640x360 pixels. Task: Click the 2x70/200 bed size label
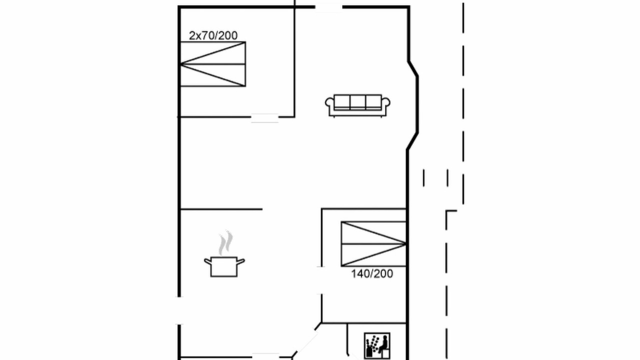pos(213,35)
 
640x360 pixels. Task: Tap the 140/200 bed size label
pos(372,274)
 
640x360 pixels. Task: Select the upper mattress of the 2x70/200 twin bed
pos(213,53)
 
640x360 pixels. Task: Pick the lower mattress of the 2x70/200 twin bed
pos(213,75)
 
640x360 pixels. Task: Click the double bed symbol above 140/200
pos(373,244)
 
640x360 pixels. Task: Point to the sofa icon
pos(357,105)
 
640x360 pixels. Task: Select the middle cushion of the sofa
pos(357,102)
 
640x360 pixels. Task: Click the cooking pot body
pos(224,267)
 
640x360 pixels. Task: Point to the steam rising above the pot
pos(225,242)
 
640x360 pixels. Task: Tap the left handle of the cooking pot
pos(207,261)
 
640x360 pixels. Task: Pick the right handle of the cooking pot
pos(240,261)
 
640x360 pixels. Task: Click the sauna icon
pos(377,345)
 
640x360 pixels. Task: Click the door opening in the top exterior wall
pos(328,7)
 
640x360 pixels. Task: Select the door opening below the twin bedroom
pos(265,117)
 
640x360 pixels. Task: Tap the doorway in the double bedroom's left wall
pos(321,280)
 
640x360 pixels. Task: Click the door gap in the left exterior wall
pos(179,310)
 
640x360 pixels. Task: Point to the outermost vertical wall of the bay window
pos(417,104)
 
